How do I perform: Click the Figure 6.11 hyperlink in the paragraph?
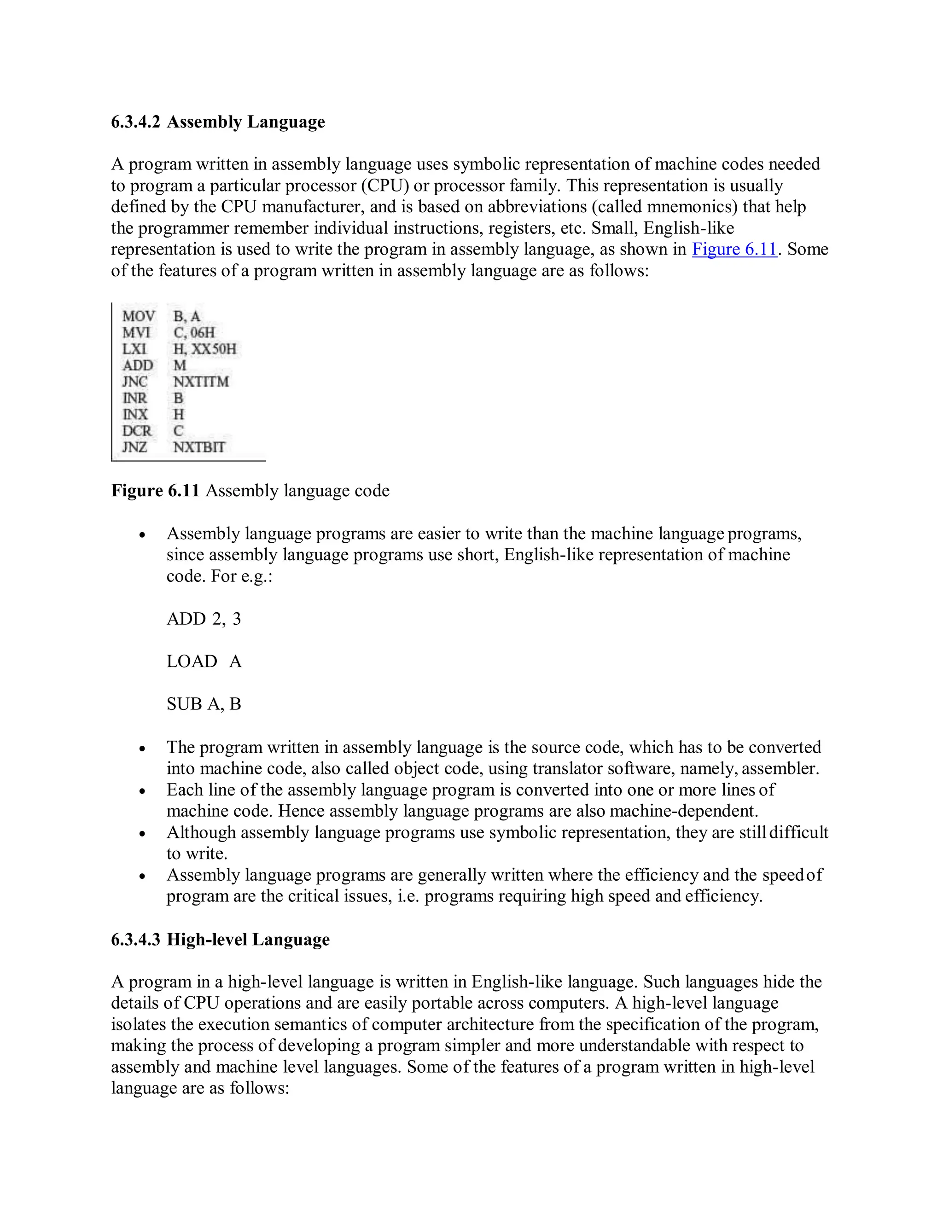pos(734,249)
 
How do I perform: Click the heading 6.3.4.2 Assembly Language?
pos(218,122)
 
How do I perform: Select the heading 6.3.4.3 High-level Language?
pos(220,939)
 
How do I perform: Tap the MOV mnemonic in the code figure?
pos(138,316)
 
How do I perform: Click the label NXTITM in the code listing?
pos(201,382)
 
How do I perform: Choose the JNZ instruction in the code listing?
pos(134,447)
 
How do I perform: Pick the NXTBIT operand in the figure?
pos(199,447)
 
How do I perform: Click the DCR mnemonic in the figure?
pos(137,431)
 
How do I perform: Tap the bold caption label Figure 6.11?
pos(155,490)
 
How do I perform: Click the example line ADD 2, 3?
pos(204,618)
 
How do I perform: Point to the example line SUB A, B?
pos(204,703)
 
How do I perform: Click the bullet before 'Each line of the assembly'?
pos(142,791)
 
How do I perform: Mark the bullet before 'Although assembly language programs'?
pos(142,833)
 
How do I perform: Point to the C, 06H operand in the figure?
pos(194,333)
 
